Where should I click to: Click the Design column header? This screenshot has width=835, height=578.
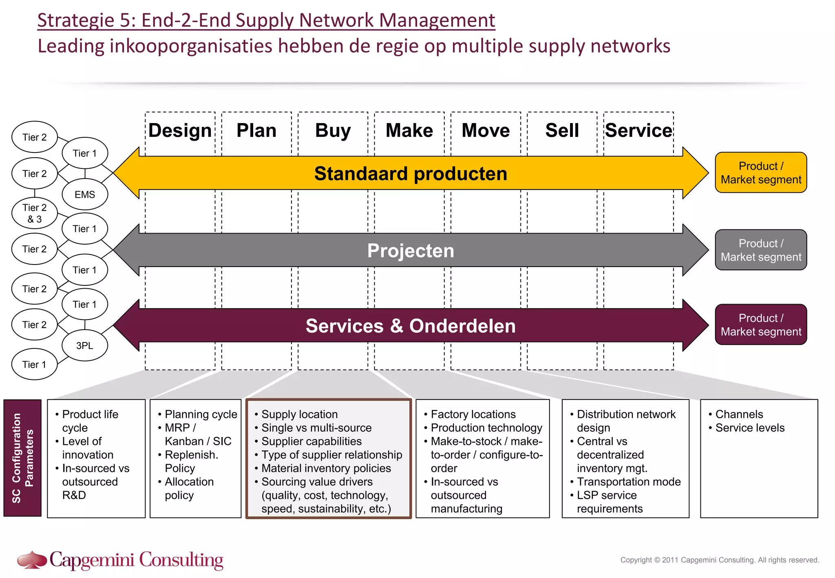(180, 131)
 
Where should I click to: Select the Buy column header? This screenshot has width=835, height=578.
(333, 131)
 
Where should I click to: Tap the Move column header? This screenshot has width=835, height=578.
(485, 131)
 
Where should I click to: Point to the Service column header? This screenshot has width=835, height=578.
(638, 131)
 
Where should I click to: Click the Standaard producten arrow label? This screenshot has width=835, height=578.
(411, 174)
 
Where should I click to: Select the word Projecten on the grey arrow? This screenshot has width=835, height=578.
(411, 250)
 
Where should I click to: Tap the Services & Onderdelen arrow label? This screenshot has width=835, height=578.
(411, 326)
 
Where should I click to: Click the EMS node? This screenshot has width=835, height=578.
(85, 194)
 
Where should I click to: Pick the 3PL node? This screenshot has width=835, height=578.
(85, 345)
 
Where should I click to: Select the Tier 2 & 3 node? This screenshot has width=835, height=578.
(35, 213)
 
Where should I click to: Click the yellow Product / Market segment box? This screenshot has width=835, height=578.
(760, 172)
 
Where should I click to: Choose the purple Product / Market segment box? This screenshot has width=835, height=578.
(760, 324)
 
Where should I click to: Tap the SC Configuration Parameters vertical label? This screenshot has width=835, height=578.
(22, 458)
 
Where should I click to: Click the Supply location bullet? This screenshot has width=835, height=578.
(299, 414)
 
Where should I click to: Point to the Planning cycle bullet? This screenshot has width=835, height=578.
(201, 414)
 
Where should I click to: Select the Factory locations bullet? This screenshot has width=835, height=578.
(473, 414)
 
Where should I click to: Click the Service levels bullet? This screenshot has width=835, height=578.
(749, 428)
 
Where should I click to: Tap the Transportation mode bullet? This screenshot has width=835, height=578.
(628, 481)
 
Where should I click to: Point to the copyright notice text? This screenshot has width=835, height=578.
(719, 560)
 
